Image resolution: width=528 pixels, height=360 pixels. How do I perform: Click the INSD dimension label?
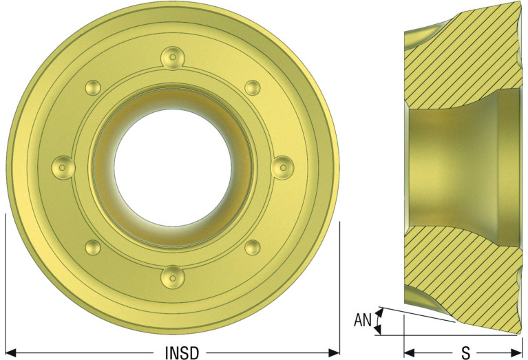[x=182, y=352]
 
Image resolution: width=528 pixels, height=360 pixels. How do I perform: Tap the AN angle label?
[x=362, y=320]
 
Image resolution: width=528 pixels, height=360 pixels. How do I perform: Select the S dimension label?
[x=466, y=353]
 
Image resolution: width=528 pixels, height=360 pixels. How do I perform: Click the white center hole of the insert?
[x=173, y=167]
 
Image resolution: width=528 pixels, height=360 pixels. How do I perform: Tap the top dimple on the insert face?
[x=173, y=59]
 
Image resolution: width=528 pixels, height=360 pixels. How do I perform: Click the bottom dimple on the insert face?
[x=173, y=277]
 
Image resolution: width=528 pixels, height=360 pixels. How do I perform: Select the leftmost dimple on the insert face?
[x=63, y=167]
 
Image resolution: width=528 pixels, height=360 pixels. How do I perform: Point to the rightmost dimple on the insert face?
[x=282, y=167]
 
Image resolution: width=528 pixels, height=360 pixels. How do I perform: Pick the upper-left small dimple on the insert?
[x=93, y=88]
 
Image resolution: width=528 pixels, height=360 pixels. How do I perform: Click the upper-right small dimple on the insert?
[x=252, y=88]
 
